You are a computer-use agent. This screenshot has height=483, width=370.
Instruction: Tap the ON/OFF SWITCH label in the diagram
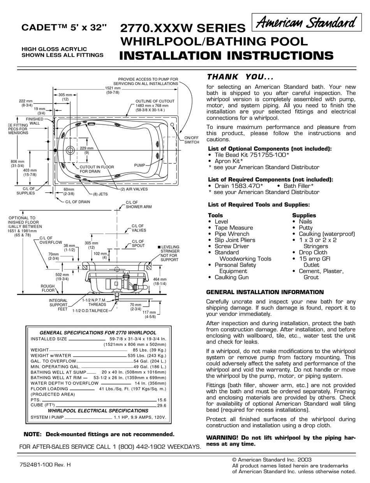192,140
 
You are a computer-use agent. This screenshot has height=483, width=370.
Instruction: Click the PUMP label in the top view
139,165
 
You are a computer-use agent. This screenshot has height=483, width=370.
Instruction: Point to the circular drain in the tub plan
70,150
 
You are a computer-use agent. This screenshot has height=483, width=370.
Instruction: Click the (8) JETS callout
100,194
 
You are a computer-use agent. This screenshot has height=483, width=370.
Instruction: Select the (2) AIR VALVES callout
134,189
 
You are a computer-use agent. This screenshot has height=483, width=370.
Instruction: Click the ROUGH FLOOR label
48,288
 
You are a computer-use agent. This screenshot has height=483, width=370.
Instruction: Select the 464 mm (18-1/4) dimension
159,282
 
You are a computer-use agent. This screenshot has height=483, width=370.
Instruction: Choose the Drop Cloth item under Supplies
313,252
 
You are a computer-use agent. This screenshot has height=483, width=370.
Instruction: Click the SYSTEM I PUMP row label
47,417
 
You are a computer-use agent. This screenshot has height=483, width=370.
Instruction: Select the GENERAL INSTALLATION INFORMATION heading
265,292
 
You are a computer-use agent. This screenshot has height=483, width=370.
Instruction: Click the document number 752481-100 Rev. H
45,465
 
